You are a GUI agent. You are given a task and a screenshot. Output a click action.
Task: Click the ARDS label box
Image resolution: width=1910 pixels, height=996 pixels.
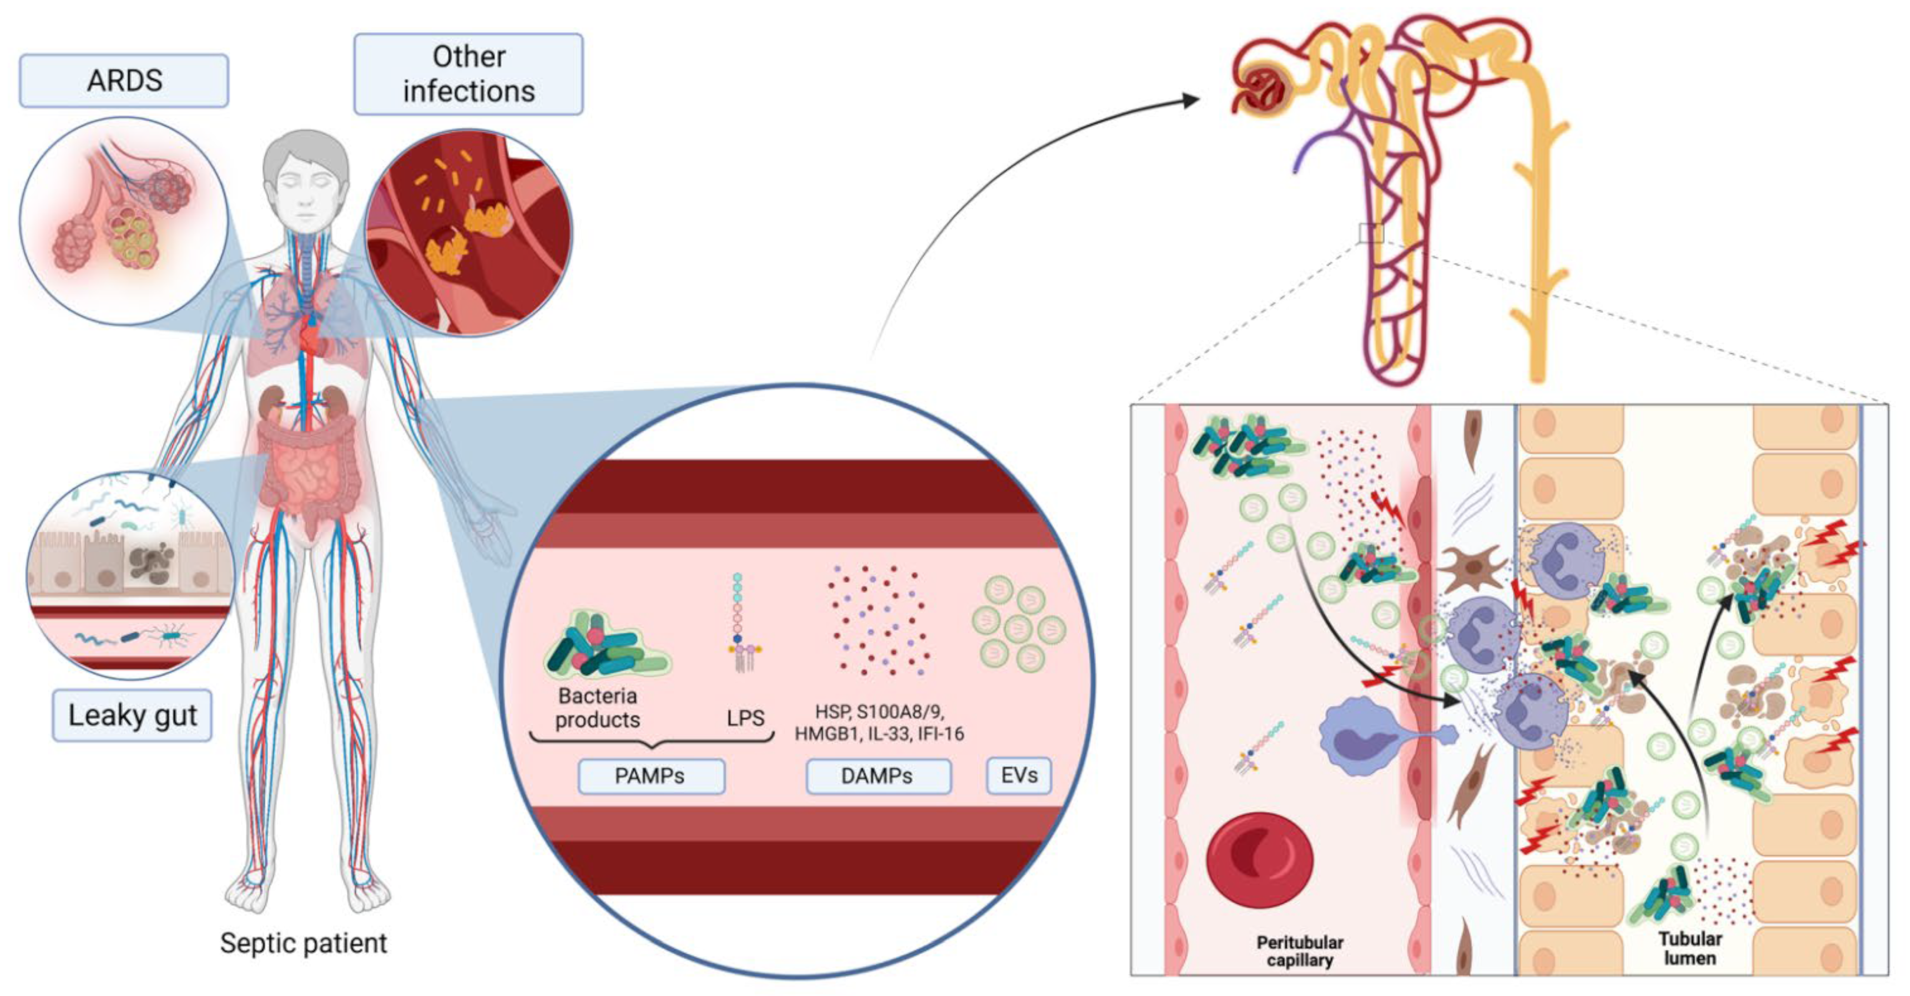point(124,80)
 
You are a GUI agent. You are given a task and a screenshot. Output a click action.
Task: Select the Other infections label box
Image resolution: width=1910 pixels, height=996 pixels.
point(468,74)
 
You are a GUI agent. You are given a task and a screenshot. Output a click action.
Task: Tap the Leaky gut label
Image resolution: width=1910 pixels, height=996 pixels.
point(132,715)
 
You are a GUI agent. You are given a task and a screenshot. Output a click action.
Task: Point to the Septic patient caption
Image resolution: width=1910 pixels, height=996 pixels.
point(303,943)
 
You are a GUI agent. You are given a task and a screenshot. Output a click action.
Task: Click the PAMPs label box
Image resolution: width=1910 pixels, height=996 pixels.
point(650,776)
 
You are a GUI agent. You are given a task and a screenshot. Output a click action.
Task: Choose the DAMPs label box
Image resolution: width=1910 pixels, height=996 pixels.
point(877,776)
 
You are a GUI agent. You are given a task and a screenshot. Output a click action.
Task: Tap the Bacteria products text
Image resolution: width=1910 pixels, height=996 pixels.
point(598,708)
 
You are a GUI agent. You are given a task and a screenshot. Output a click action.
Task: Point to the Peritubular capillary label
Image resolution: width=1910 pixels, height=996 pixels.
point(1299,951)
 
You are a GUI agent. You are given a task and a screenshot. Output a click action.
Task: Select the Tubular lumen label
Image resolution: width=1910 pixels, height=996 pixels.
point(1690,948)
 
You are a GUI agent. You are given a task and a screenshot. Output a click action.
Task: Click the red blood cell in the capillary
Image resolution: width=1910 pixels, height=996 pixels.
point(1260,860)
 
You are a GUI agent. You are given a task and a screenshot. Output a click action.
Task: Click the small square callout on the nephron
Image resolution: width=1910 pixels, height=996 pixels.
point(1371,233)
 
